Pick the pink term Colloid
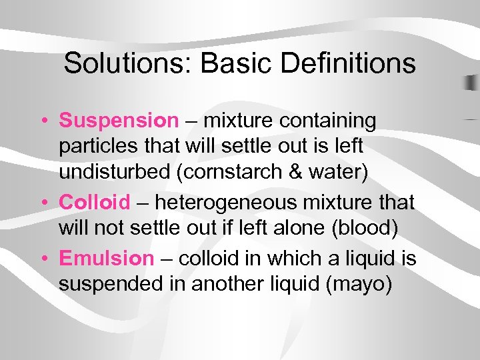(x=99, y=202)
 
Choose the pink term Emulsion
(x=106, y=257)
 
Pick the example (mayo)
(x=358, y=284)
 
